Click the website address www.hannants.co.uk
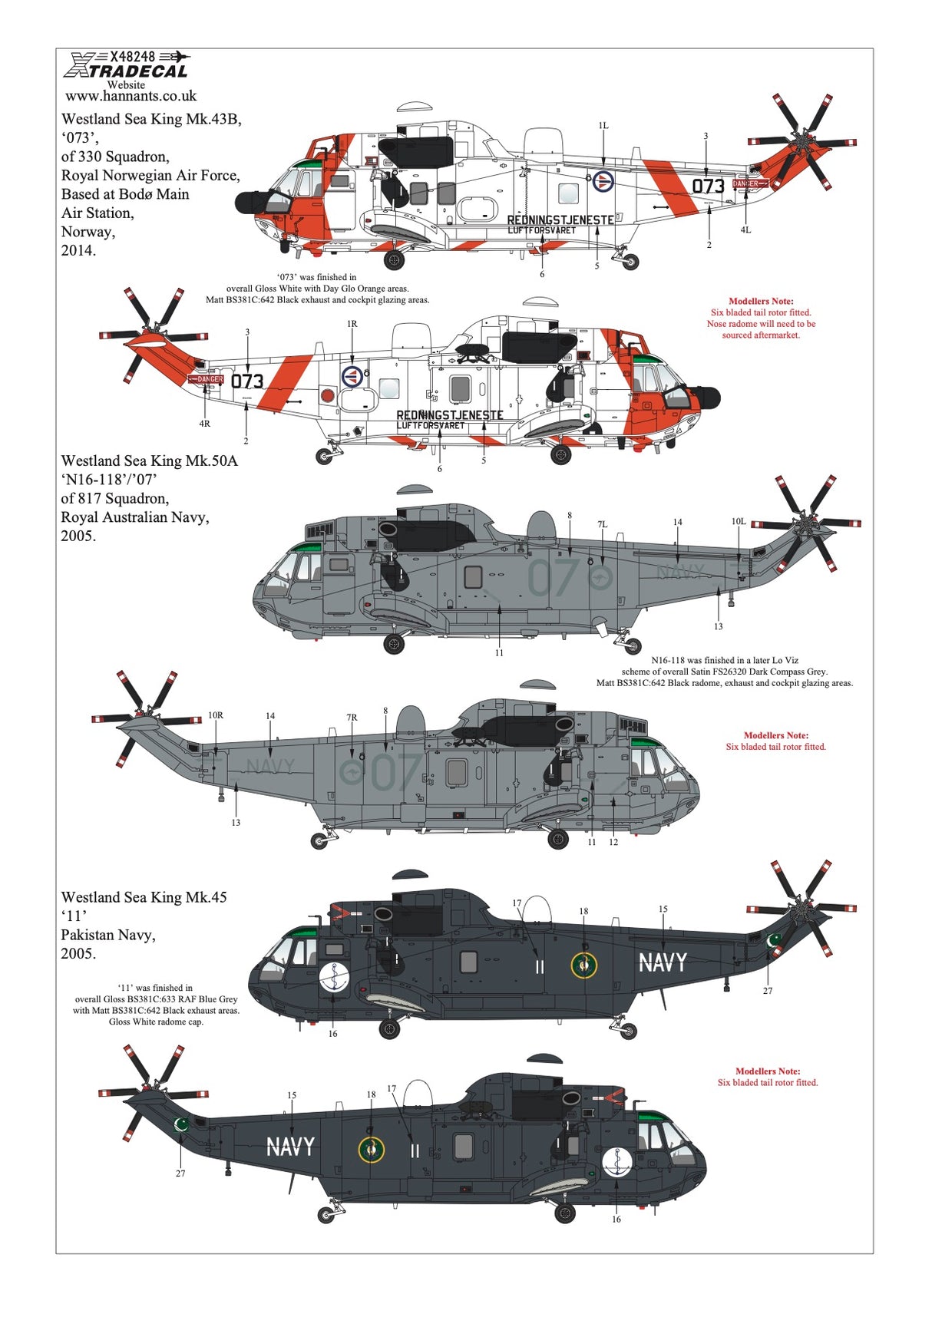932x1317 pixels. coord(131,97)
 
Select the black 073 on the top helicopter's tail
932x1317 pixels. coord(708,186)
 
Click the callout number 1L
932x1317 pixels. coord(603,125)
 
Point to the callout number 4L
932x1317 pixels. coord(745,229)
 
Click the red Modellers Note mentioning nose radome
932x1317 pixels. coord(761,319)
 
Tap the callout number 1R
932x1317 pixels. coord(352,324)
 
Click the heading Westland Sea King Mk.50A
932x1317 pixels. coord(150,460)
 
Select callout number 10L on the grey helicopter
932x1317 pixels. coord(738,521)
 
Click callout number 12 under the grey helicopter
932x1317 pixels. coord(613,842)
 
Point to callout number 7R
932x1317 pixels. coord(351,718)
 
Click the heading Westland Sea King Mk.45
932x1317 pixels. coord(144,897)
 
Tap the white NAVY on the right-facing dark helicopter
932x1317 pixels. coord(663,962)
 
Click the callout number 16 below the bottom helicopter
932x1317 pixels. coord(616,1219)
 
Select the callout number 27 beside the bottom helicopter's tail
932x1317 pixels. coord(180,1173)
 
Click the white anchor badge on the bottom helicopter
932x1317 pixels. coord(617,1162)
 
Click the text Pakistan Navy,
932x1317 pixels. coord(108,935)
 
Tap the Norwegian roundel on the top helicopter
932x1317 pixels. coord(603,181)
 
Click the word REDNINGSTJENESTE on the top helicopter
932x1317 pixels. coord(560,219)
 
